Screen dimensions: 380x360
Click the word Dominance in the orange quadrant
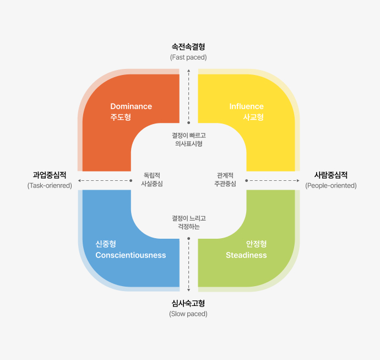(131, 106)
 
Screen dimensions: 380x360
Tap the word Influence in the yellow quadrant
(247, 106)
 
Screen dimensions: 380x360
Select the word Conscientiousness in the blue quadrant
(131, 255)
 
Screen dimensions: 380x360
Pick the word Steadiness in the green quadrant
(246, 255)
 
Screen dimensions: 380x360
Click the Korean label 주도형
(121, 117)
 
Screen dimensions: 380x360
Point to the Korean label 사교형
(253, 117)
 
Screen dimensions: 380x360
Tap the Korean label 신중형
(106, 244)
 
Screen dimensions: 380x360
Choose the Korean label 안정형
(257, 244)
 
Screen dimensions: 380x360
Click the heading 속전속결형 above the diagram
(188, 46)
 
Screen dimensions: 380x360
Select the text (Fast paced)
(188, 57)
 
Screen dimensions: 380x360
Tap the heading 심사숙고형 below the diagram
(188, 303)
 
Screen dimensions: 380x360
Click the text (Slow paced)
(188, 314)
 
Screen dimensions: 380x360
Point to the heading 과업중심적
(50, 175)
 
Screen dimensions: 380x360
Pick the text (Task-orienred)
(50, 186)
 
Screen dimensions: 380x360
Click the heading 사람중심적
(331, 175)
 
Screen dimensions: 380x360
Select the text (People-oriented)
(331, 186)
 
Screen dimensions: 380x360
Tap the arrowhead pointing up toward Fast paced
(188, 71)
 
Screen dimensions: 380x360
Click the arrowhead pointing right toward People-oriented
(298, 180)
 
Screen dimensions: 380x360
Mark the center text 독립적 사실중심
(152, 179)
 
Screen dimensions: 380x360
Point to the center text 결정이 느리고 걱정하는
(189, 222)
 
